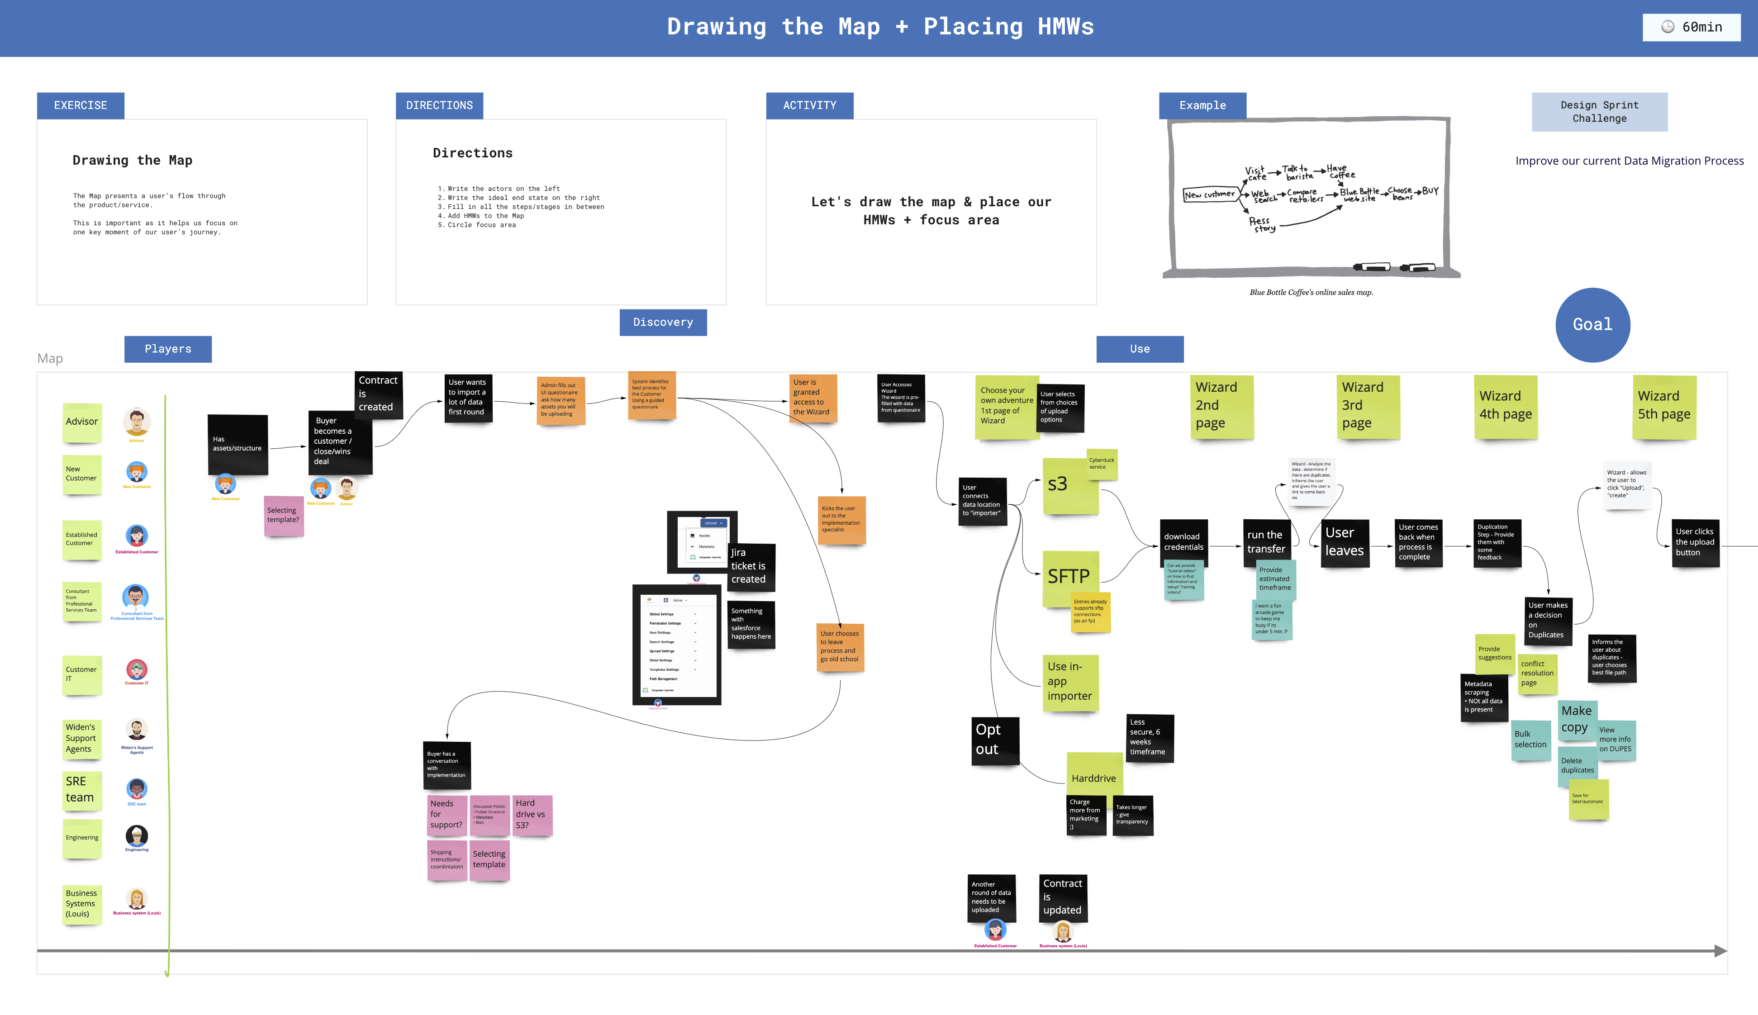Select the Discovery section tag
(662, 322)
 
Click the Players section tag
(167, 349)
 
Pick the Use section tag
(1139, 349)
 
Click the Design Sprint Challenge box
(1599, 112)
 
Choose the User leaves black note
(1344, 542)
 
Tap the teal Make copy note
(1576, 719)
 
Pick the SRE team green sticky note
(81, 790)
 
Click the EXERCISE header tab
(80, 105)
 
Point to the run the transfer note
(1266, 542)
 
